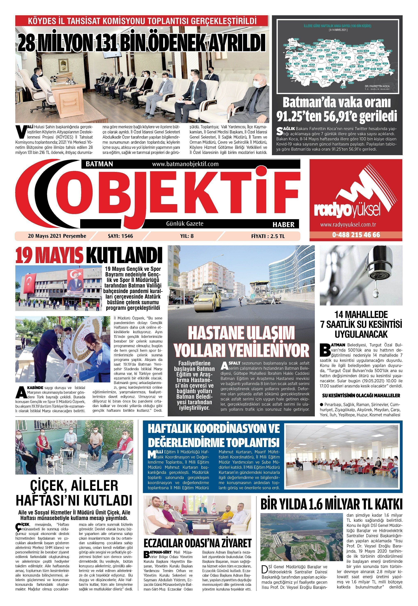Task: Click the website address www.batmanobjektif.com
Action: [185, 164]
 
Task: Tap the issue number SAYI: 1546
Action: [120, 236]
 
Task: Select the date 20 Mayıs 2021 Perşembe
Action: [57, 236]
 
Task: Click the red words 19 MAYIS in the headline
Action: [49, 255]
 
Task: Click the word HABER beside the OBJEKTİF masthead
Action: [283, 224]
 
